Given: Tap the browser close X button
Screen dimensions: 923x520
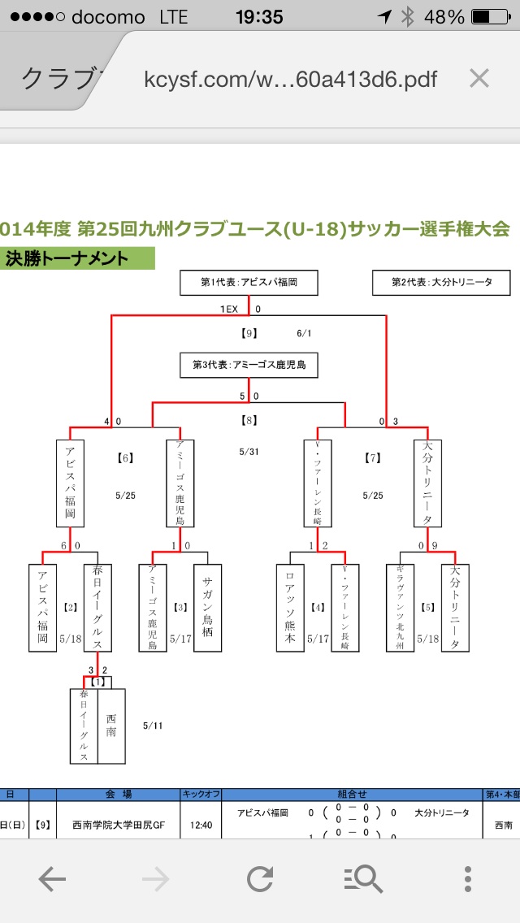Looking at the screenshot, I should (x=479, y=78).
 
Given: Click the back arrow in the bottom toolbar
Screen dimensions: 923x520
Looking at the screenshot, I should (x=51, y=879).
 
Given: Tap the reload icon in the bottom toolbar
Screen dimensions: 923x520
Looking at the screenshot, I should (x=260, y=879).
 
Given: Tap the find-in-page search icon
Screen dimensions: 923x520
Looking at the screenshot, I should (x=363, y=879).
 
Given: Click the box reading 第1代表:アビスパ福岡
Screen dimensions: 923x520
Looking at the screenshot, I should (x=249, y=283).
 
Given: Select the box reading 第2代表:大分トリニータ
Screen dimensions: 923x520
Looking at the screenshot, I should (x=441, y=283).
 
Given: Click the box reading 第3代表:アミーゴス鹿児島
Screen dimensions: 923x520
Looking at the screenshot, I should (x=249, y=365).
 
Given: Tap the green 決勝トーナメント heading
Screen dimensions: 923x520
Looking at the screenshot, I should (x=78, y=258).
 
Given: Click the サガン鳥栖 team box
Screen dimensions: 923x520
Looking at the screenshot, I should (x=207, y=608).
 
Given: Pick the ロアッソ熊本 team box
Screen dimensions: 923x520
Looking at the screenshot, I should (x=290, y=608).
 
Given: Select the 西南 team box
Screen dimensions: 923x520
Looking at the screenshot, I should (x=111, y=726).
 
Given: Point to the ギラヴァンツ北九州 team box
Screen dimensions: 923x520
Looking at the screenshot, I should (x=400, y=608).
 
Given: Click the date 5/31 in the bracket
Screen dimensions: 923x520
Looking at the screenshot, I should (x=249, y=451).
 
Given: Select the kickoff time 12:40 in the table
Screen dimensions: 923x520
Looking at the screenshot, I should (x=201, y=825).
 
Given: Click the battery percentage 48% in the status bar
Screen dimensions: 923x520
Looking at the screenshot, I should (x=448, y=17).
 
